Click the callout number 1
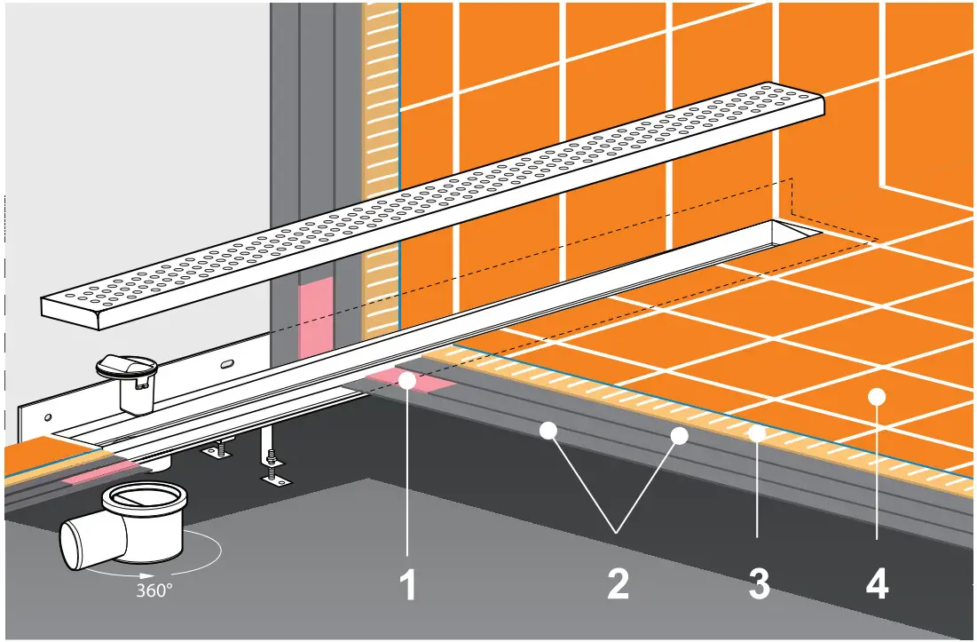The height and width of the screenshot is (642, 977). [x=406, y=585]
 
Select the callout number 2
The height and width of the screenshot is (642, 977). [x=618, y=585]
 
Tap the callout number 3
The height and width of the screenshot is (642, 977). [x=757, y=585]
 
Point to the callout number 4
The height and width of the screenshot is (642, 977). [x=877, y=585]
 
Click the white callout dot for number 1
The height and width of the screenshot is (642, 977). [x=406, y=381]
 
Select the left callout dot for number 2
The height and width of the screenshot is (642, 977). [x=548, y=432]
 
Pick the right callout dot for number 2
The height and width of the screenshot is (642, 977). [x=680, y=435]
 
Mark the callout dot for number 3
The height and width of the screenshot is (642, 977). [x=757, y=433]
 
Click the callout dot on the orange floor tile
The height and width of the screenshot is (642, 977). [x=877, y=395]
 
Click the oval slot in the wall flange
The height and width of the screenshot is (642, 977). [x=227, y=363]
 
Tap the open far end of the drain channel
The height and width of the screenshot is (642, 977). [x=792, y=232]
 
